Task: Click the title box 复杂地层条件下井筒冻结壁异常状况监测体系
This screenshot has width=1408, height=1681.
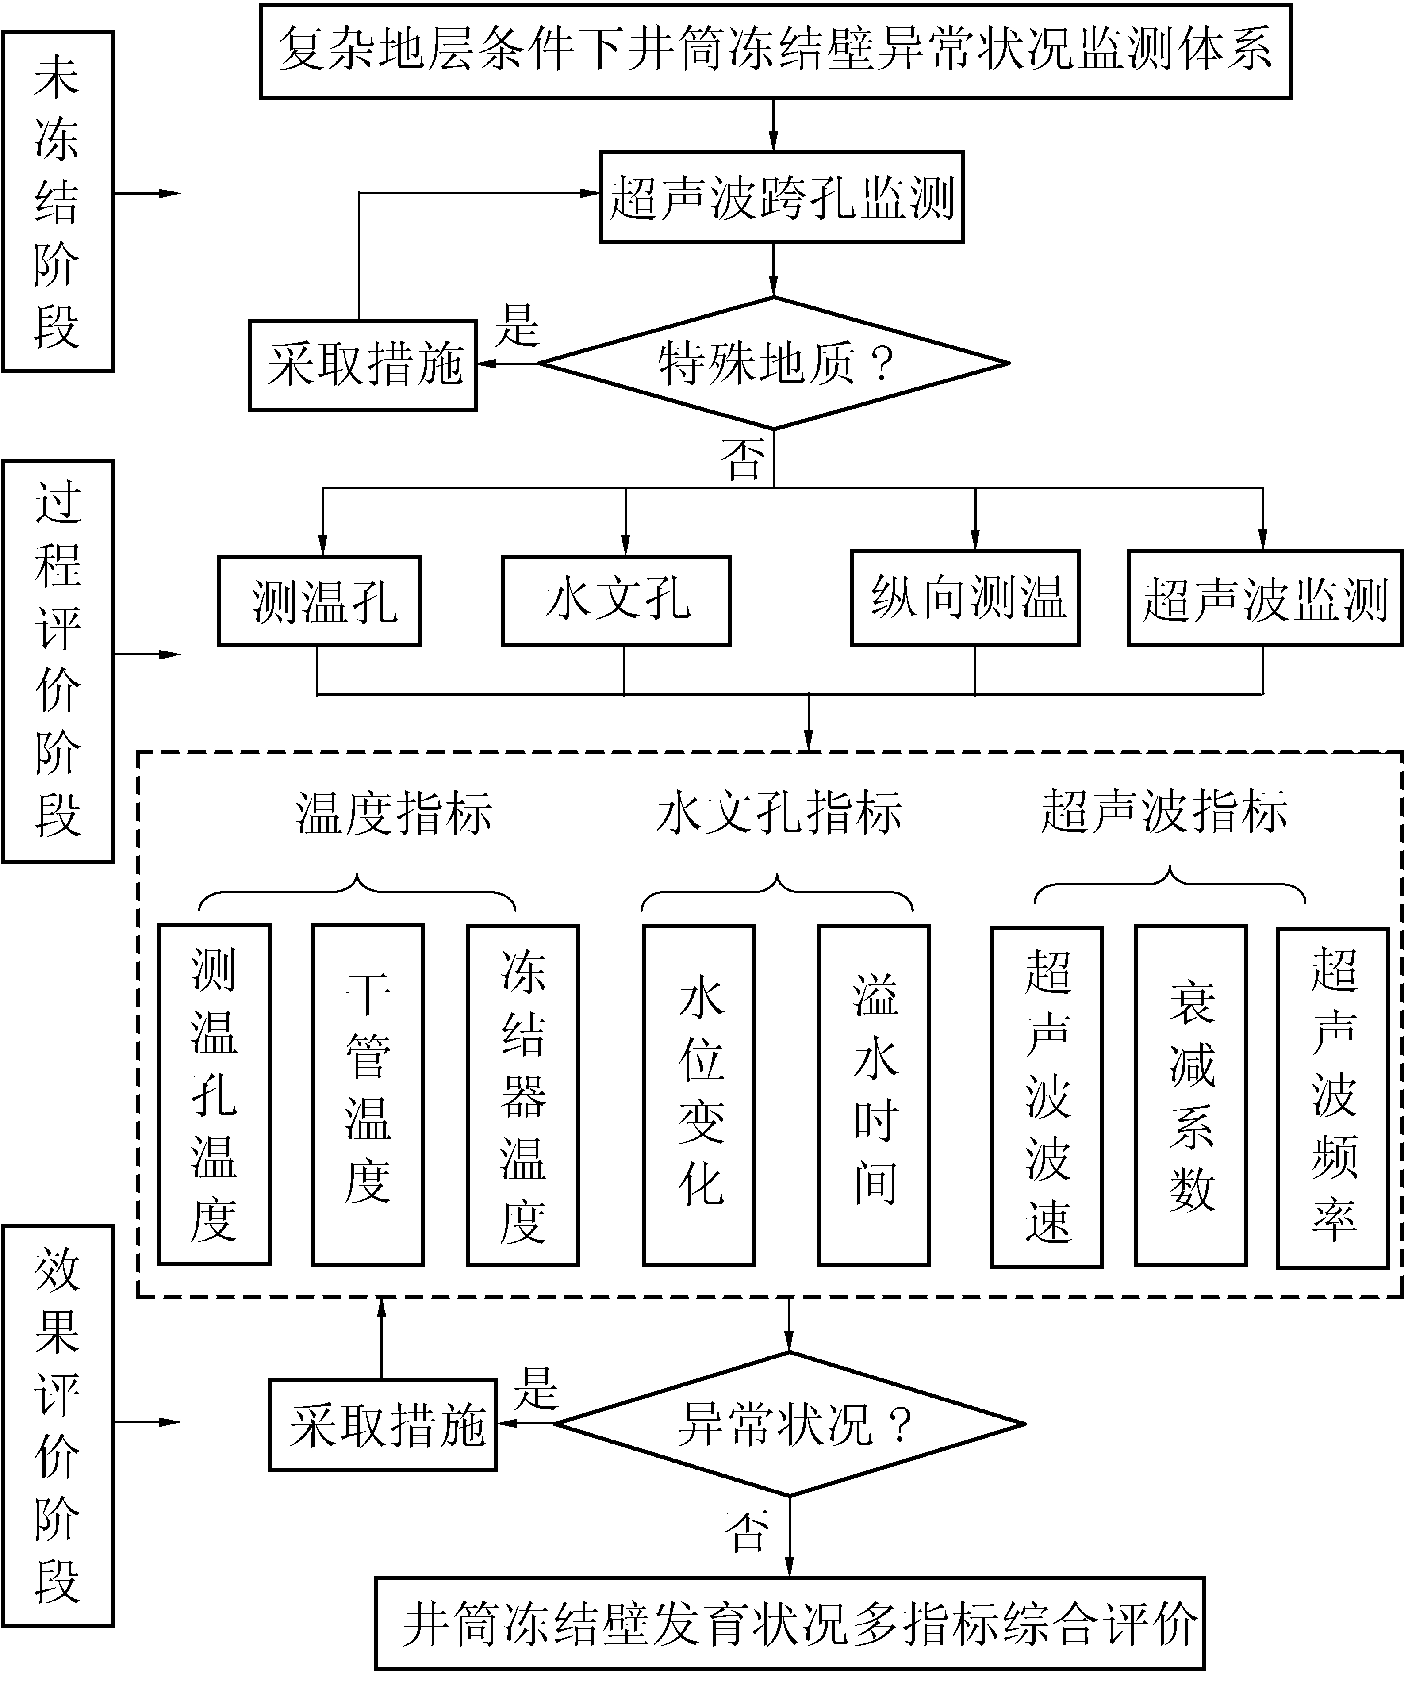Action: pos(775,50)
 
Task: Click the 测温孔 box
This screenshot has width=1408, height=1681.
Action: pos(319,601)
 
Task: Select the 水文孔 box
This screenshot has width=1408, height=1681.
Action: pos(616,601)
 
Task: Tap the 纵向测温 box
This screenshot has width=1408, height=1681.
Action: pos(965,597)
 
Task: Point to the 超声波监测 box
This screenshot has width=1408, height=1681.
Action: pos(1265,597)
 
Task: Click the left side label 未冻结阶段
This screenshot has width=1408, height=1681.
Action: pos(58,202)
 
